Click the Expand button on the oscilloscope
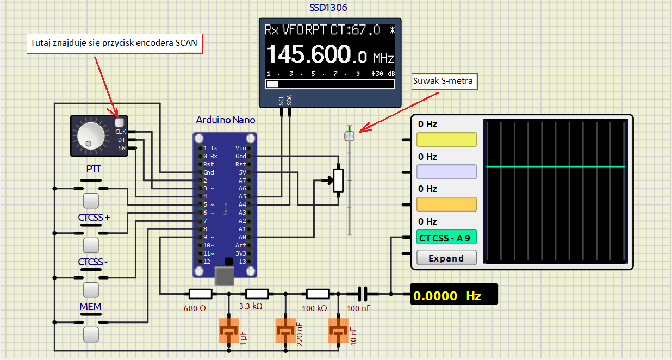tap(446, 258)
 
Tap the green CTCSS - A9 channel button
tap(446, 237)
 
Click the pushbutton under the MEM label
tap(91, 334)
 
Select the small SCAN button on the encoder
tap(120, 122)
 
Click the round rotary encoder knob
tap(91, 135)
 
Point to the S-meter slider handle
tap(349, 136)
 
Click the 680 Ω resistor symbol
tap(201, 294)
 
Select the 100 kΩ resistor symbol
tap(318, 294)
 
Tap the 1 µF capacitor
tap(229, 330)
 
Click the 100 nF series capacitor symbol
tap(363, 294)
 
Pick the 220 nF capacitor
tap(285, 330)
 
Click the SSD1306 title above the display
tap(328, 8)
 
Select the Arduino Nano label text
tap(225, 120)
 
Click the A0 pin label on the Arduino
tap(242, 237)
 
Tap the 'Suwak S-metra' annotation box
tap(444, 82)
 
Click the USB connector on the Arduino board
tap(225, 276)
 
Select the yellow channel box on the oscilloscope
tap(446, 140)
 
